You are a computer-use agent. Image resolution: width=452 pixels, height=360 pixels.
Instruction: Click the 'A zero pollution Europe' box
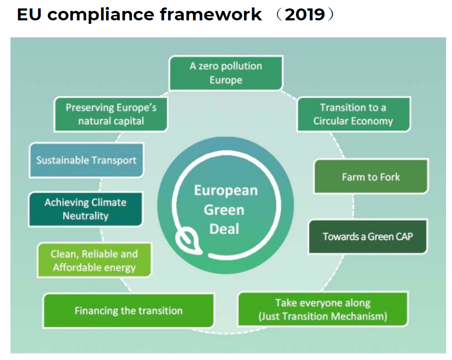[226, 73]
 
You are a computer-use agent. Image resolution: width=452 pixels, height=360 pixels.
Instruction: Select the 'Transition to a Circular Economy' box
[353, 114]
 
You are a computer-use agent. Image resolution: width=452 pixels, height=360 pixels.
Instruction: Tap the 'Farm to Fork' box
[371, 177]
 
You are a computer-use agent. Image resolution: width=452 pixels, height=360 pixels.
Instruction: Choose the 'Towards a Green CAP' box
[368, 236]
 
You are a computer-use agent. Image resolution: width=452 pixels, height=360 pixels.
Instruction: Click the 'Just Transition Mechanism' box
[323, 309]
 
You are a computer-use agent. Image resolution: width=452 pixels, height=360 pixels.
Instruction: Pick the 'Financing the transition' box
[129, 311]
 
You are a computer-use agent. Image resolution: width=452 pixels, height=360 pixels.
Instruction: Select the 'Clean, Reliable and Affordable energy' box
[94, 261]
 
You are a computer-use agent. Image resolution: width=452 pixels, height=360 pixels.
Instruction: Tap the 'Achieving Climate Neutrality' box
[85, 209]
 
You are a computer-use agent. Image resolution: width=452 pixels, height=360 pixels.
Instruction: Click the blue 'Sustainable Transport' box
[86, 160]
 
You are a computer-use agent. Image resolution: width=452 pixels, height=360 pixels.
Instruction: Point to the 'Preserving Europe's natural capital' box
[111, 114]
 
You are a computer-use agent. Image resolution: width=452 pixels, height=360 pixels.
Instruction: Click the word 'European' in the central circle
[225, 191]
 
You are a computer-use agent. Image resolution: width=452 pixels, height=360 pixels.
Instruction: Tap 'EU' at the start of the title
[29, 14]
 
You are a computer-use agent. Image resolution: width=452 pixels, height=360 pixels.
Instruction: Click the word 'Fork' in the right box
[389, 177]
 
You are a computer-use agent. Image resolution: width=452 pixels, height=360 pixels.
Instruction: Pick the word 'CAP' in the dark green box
[401, 236]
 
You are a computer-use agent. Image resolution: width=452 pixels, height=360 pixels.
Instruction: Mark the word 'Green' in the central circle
[224, 210]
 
